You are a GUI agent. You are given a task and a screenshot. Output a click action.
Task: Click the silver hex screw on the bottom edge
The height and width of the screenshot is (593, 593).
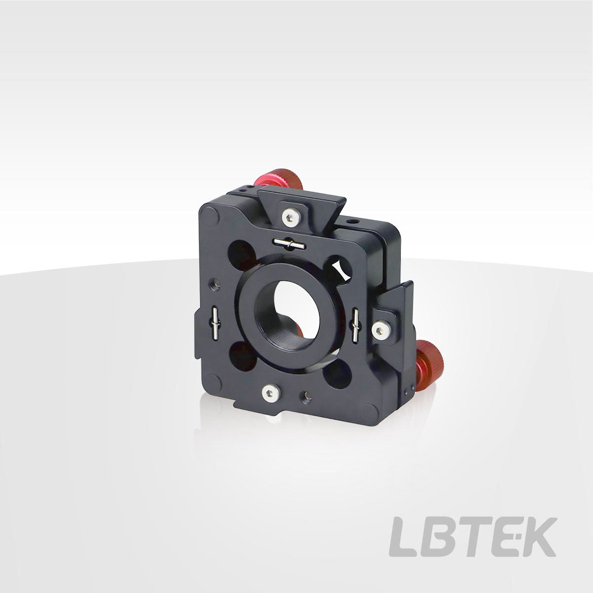(270, 393)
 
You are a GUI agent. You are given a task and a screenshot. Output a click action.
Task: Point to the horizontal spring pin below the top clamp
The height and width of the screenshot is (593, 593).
(289, 244)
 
